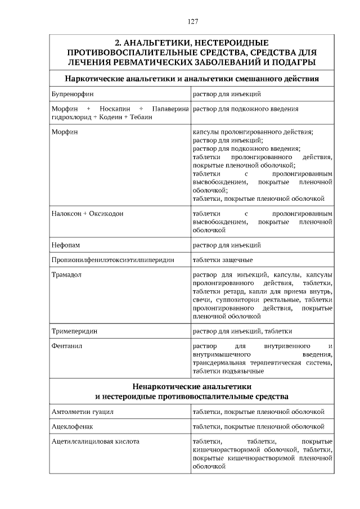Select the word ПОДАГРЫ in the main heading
[x=293, y=62]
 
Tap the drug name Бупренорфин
[x=72, y=94]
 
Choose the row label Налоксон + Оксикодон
[x=87, y=214]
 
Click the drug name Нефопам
[x=66, y=245]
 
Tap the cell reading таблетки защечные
[x=222, y=260]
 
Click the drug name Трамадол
[x=67, y=274]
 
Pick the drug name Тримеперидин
[x=74, y=331]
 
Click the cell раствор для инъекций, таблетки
[x=242, y=331]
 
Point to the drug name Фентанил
[x=66, y=346]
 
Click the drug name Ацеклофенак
[x=71, y=427]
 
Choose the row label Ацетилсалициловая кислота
[x=95, y=442]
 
